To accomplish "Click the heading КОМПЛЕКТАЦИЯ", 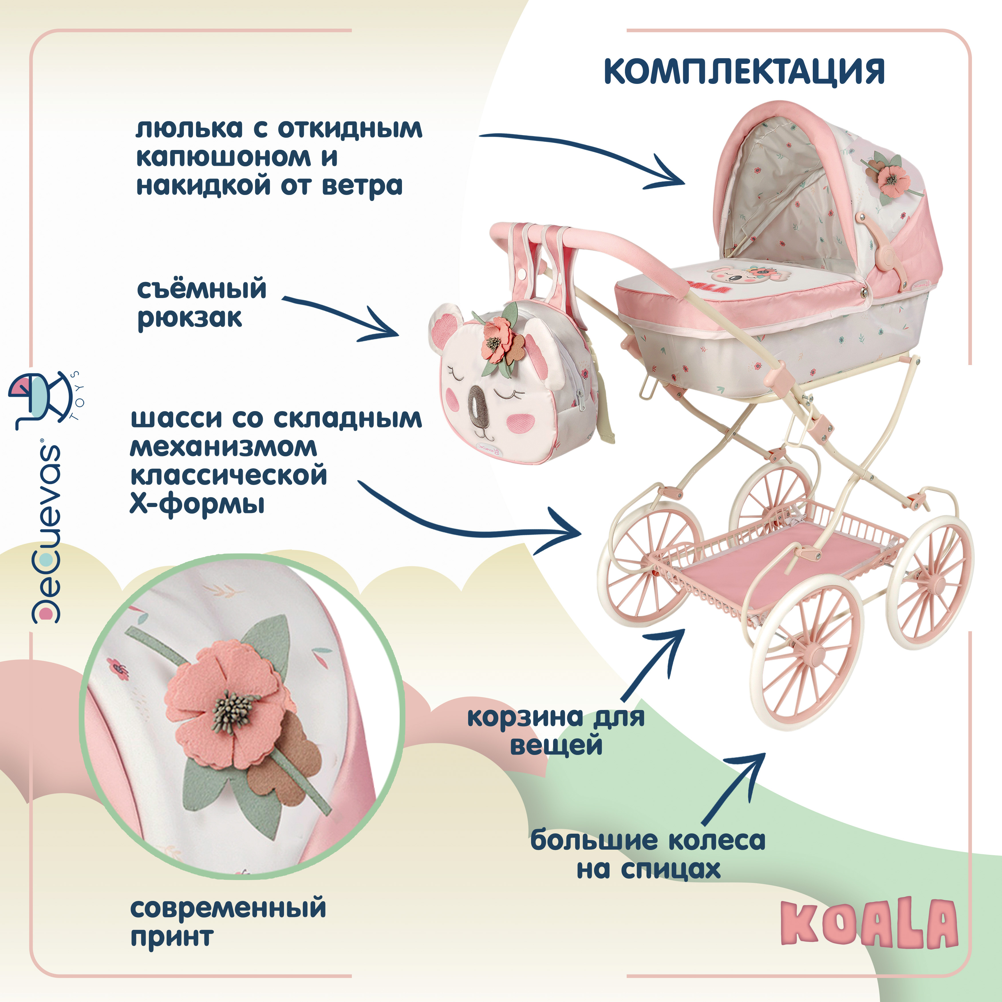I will [744, 72].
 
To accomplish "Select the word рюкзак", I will [190, 318].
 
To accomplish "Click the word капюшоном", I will [223, 157].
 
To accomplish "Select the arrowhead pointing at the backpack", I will [386, 327].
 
